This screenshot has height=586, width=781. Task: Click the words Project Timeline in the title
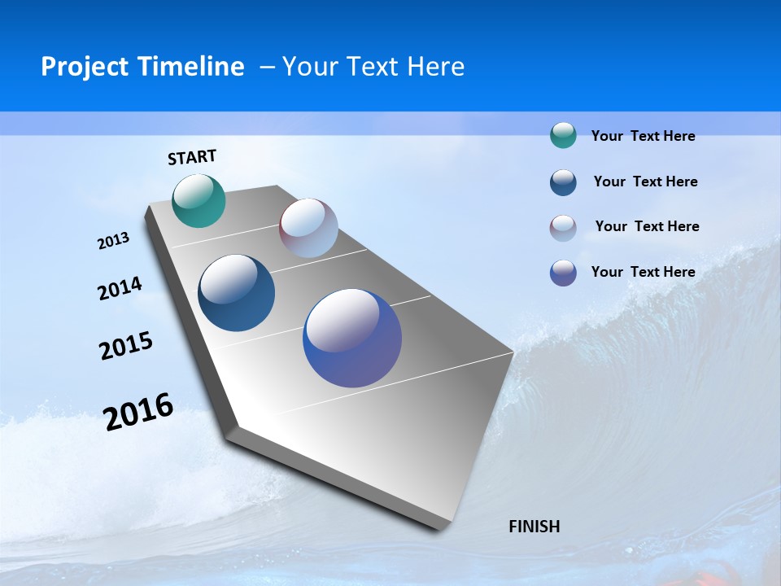click(142, 67)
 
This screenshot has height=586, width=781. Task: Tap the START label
click(192, 157)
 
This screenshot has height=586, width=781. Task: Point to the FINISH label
click(534, 527)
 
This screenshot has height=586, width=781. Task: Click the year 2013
click(114, 241)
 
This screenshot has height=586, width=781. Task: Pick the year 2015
click(126, 346)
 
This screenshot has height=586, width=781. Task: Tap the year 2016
click(138, 412)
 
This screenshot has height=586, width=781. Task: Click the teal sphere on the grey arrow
click(199, 200)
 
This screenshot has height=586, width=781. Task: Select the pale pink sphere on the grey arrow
click(308, 228)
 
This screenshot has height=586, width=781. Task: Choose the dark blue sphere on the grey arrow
click(236, 293)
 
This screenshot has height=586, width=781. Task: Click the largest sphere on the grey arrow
click(352, 338)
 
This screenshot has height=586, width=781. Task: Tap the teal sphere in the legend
click(563, 136)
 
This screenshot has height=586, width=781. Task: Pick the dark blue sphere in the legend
click(563, 182)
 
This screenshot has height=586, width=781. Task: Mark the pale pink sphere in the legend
click(563, 228)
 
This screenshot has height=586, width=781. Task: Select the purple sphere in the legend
click(563, 273)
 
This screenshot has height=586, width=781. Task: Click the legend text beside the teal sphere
click(643, 137)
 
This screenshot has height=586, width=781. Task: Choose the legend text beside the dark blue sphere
click(645, 181)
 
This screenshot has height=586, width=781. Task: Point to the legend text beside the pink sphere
click(647, 226)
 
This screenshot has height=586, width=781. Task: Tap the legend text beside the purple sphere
click(643, 272)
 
